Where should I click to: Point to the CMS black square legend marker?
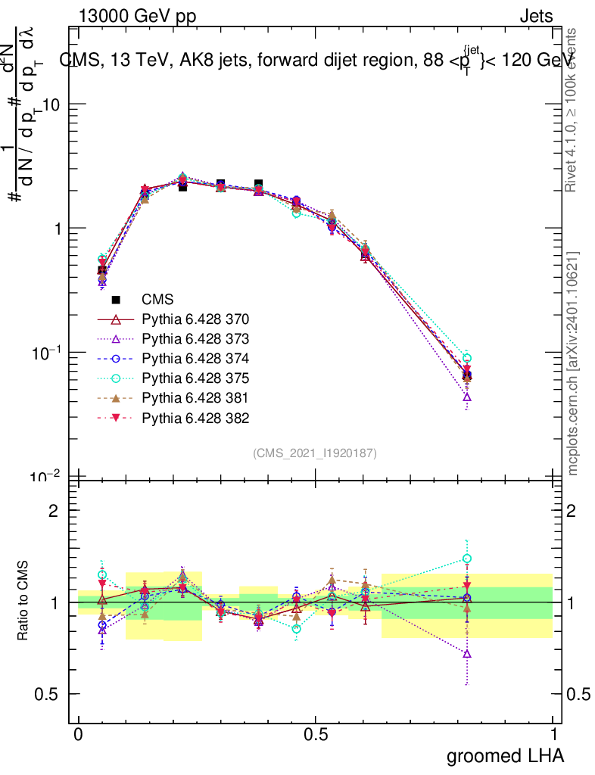[x=116, y=299]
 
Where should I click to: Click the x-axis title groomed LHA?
[x=505, y=755]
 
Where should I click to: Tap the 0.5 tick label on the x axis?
[x=316, y=735]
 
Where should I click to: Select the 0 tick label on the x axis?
[x=78, y=735]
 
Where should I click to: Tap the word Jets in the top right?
[x=535, y=17]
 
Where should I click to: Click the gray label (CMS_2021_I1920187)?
[x=315, y=453]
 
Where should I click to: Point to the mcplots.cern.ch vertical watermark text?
[x=573, y=363]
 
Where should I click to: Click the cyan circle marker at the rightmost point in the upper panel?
[x=467, y=358]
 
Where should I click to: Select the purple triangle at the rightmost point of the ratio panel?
[x=467, y=653]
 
